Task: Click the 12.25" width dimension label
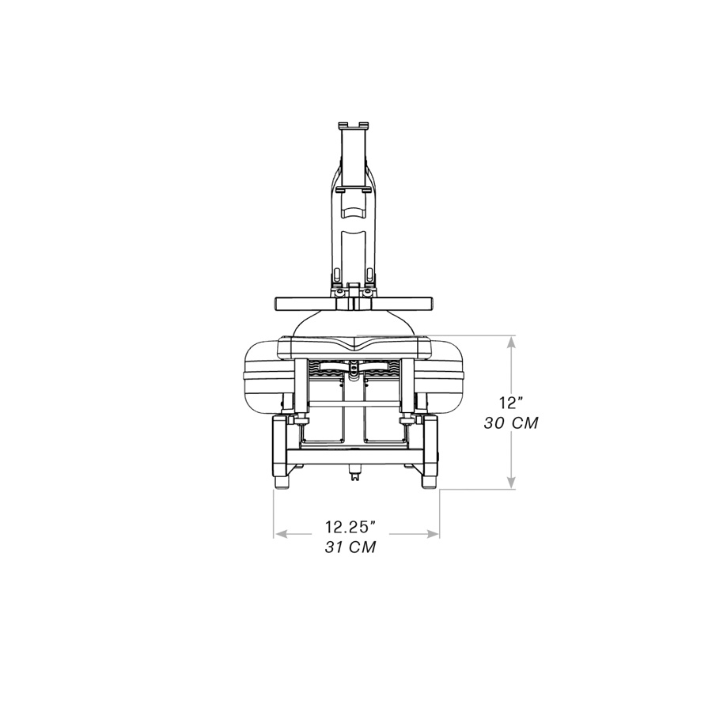(349, 526)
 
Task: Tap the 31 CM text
(350, 547)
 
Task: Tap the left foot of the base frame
(282, 480)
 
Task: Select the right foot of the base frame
(430, 480)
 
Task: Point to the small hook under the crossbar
(355, 475)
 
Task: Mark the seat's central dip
(355, 347)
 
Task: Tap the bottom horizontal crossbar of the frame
(355, 456)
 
